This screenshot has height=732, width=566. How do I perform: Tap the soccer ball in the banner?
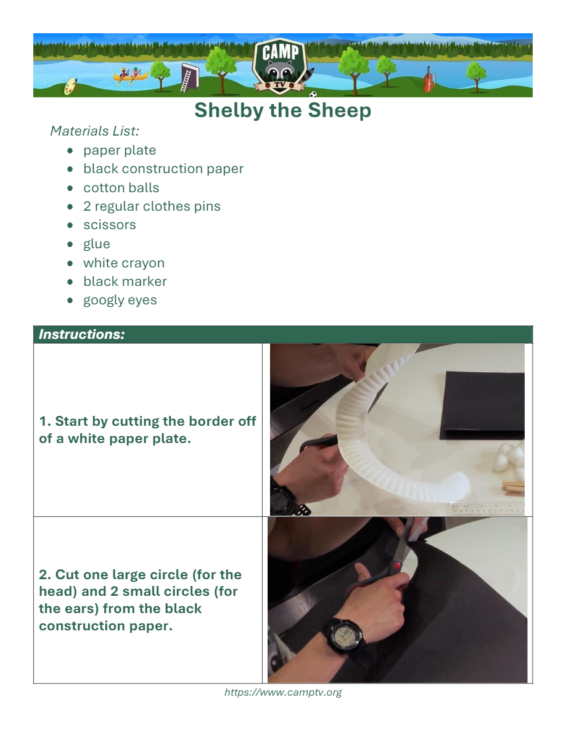(x=313, y=94)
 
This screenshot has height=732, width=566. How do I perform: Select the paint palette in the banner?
(x=70, y=86)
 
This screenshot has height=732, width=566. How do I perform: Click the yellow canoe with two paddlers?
(x=130, y=75)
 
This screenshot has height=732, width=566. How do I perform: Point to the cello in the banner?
(x=429, y=80)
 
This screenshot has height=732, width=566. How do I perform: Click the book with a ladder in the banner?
(x=189, y=77)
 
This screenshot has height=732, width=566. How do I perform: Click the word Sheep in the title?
(x=340, y=110)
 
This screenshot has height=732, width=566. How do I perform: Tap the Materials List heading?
(x=95, y=131)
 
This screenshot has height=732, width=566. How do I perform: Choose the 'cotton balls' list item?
(x=121, y=188)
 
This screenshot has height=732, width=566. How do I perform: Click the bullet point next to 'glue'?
(x=70, y=244)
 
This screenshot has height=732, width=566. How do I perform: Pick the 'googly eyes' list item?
(x=120, y=300)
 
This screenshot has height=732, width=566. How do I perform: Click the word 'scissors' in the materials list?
(x=110, y=225)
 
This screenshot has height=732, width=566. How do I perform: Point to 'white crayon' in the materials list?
(x=124, y=263)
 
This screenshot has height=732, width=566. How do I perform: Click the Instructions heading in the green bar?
(x=82, y=334)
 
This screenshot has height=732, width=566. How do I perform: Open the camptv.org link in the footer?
(x=283, y=693)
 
